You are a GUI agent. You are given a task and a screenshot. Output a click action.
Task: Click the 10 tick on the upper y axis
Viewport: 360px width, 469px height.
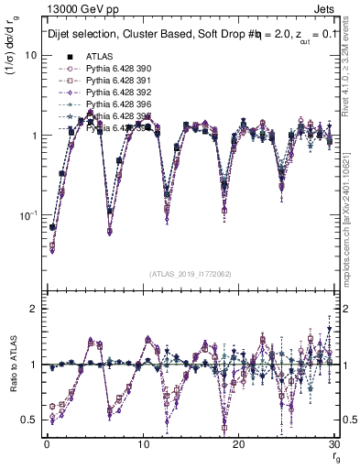point(29,55)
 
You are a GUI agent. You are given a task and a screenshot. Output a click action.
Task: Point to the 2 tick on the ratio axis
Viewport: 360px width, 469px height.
point(33,309)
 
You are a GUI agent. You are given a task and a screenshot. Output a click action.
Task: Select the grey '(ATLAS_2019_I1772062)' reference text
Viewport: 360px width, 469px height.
point(191,273)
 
